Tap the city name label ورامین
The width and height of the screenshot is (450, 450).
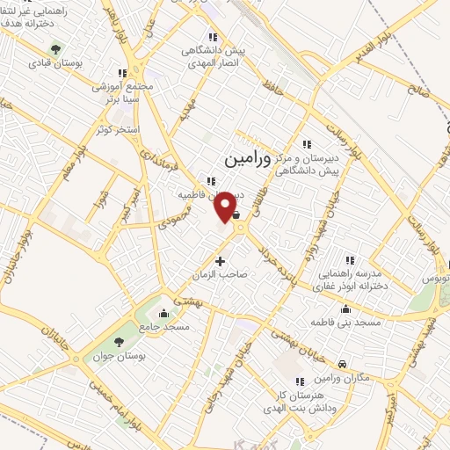point(238,159)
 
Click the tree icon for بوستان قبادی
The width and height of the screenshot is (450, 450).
point(56,49)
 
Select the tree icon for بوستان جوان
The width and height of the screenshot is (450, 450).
point(120,341)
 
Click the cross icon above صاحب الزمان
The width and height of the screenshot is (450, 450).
point(220,260)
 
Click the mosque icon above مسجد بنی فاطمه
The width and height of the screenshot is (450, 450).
point(345,308)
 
